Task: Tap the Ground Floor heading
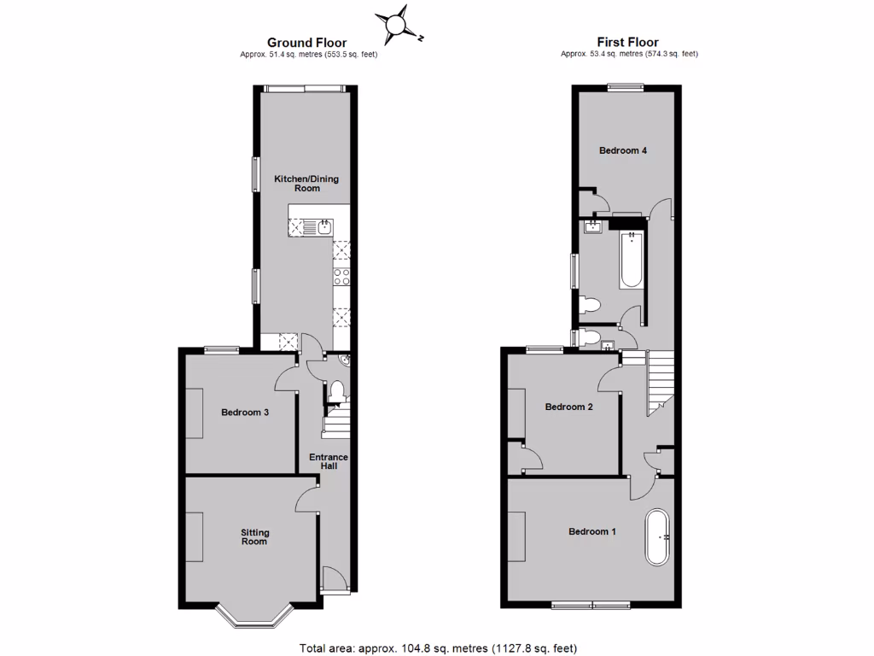[x=306, y=42]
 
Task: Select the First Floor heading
[x=627, y=42]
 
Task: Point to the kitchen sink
[x=324, y=226]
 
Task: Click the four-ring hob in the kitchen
[x=342, y=276]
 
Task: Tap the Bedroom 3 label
[x=245, y=413]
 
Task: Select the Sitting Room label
[x=253, y=536]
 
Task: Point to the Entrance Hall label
[x=329, y=461]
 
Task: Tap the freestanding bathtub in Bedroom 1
[x=656, y=537]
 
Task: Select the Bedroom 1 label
[x=592, y=531]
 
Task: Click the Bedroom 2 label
[x=569, y=407]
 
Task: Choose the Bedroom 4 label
[x=622, y=150]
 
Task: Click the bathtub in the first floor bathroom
[x=631, y=258]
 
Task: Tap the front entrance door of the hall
[x=335, y=582]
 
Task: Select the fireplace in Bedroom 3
[x=194, y=413]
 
